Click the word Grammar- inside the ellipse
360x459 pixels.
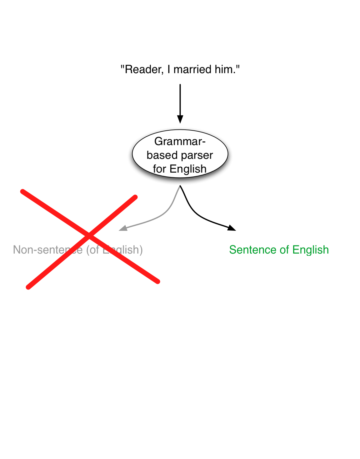pyautogui.click(x=180, y=141)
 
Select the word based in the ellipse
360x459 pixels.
pyautogui.click(x=162, y=155)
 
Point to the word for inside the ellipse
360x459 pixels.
pyautogui.click(x=159, y=169)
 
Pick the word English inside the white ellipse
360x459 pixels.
pyautogui.click(x=188, y=169)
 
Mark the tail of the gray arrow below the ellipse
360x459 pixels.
pyautogui.click(x=180, y=187)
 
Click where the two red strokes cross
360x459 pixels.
pyautogui.click(x=89, y=235)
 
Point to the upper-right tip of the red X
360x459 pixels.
pyautogui.click(x=135, y=197)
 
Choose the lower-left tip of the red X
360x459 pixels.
pyautogui.click(x=28, y=287)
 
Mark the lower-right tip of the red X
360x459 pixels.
pyautogui.click(x=158, y=282)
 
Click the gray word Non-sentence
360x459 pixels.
pyautogui.click(x=48, y=250)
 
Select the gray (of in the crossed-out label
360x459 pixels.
pyautogui.click(x=92, y=250)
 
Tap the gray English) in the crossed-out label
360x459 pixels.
pyautogui.click(x=123, y=250)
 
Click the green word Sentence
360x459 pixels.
pyautogui.click(x=253, y=250)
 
